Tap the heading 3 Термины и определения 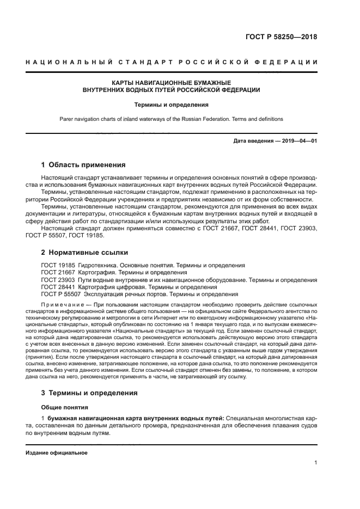[90, 393]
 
